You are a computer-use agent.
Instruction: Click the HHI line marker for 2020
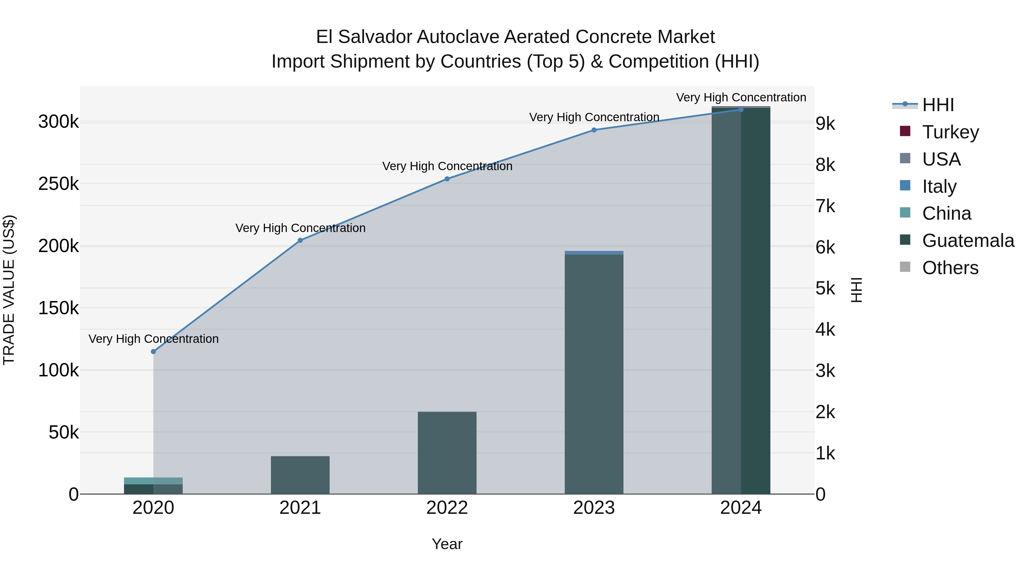coord(153,351)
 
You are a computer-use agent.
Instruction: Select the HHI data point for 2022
coord(447,179)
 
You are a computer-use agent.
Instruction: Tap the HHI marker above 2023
coord(594,130)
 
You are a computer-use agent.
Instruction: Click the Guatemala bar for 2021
coord(300,475)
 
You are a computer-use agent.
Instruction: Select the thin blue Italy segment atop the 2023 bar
coord(594,253)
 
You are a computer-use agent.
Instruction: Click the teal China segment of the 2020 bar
coord(153,481)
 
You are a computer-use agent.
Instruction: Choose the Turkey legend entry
coord(950,132)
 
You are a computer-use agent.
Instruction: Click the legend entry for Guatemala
coord(968,241)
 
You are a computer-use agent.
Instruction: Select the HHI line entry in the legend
coord(938,105)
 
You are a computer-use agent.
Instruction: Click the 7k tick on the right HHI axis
coord(825,207)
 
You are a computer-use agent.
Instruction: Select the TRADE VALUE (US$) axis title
coord(9,290)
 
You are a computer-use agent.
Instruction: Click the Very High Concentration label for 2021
coord(300,228)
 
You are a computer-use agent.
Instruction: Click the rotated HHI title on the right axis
coord(856,290)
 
